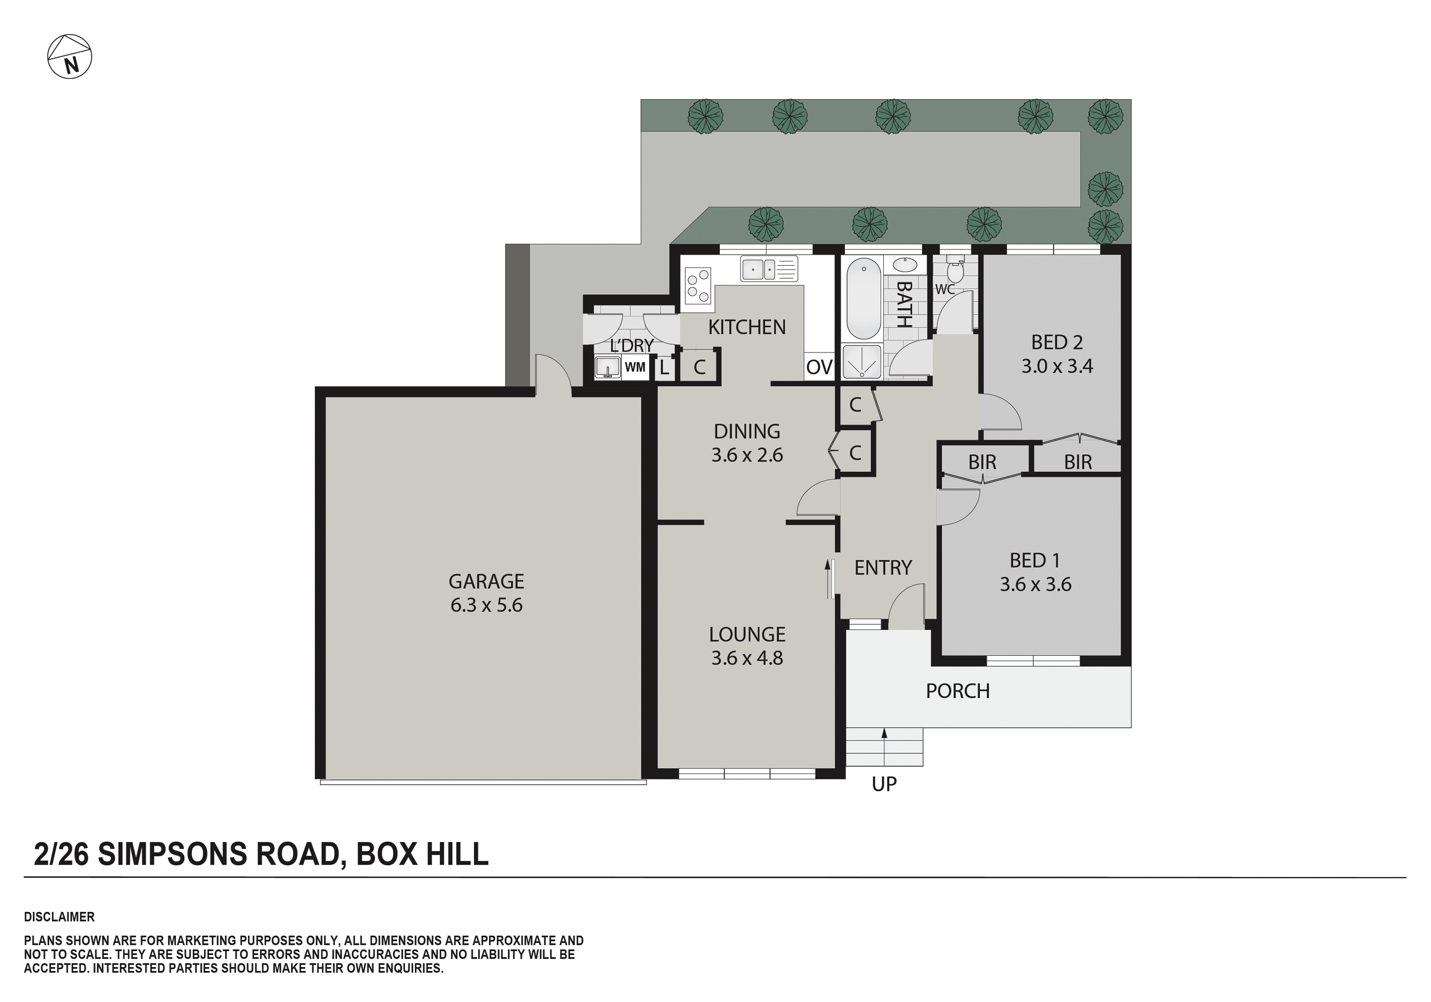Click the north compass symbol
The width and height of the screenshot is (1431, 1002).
(70, 57)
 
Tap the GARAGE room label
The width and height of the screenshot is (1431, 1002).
(486, 581)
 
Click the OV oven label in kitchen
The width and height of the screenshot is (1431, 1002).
(819, 368)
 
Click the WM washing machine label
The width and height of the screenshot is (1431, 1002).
(634, 368)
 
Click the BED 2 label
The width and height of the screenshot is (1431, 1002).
(1057, 342)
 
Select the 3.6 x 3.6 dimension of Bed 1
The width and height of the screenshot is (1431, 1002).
(1035, 585)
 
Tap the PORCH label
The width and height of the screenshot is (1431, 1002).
(957, 691)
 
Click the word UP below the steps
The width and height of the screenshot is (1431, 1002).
(884, 784)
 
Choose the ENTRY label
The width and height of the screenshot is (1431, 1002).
(882, 568)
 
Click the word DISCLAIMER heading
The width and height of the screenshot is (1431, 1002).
(59, 917)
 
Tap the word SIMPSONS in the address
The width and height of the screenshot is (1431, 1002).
(173, 854)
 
